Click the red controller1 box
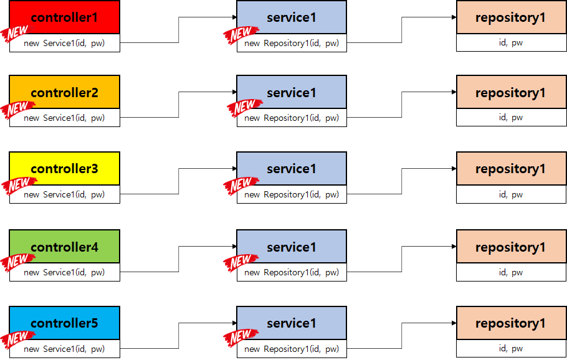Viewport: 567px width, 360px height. pos(65,17)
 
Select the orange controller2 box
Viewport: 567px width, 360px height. pos(65,93)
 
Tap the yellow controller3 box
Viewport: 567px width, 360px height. pos(65,169)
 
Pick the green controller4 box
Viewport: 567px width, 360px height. pos(65,247)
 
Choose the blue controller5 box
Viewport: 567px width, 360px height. pos(65,323)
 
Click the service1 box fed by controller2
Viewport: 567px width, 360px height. pos(292,93)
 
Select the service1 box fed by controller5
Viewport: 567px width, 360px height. pos(292,323)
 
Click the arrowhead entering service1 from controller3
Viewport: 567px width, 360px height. pos(234,169)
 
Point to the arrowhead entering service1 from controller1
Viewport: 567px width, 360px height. pos(234,17)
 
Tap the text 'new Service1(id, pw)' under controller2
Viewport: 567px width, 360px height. pos(64,118)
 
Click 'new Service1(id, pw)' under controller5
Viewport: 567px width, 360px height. pos(64,349)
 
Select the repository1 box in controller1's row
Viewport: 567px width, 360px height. pos(510,17)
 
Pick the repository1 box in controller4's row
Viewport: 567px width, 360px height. pos(510,247)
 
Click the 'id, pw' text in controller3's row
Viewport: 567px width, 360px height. pos(510,194)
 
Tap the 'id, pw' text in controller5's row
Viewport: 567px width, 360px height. pos(510,349)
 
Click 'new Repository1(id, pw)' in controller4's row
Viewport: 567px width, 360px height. pos(292,272)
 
